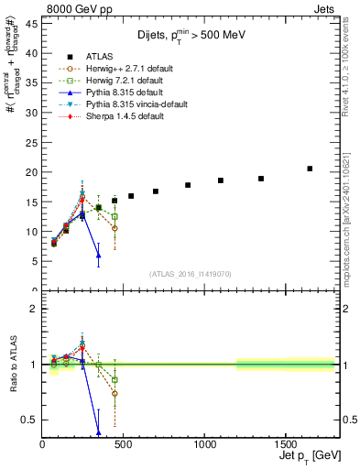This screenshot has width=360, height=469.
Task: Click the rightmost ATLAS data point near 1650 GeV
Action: pyautogui.click(x=310, y=169)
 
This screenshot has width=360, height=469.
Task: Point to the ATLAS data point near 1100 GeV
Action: pyautogui.click(x=221, y=180)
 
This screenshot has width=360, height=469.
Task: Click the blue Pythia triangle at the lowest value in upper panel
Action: pyautogui.click(x=98, y=255)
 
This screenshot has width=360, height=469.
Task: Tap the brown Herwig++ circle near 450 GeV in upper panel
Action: pyautogui.click(x=115, y=227)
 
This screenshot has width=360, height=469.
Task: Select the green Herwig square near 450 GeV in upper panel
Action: pyautogui.click(x=115, y=216)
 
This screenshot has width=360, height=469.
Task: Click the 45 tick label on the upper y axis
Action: pyautogui.click(x=30, y=25)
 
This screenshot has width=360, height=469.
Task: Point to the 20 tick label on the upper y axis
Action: pyautogui.click(x=30, y=172)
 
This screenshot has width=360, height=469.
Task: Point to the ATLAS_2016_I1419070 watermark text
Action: pyautogui.click(x=191, y=273)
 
